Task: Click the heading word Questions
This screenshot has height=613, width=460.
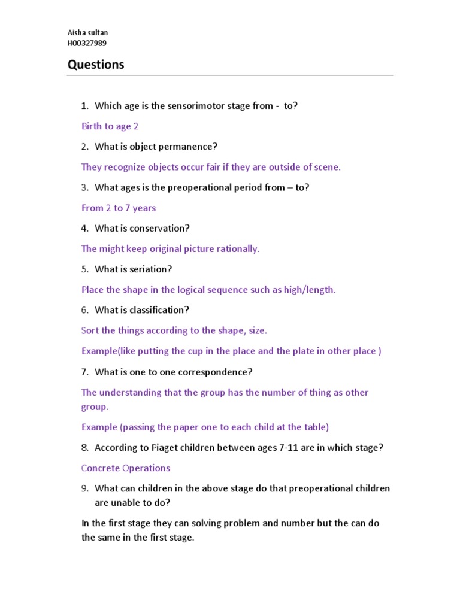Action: click(96, 65)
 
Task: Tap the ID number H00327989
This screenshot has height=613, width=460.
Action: click(87, 43)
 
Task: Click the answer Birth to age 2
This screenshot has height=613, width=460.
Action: click(110, 126)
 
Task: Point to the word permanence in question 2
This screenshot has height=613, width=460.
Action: click(190, 147)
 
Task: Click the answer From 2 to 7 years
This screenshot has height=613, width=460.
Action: click(119, 208)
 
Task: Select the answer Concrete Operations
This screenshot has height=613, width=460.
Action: click(126, 468)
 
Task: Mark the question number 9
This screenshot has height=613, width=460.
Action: click(85, 488)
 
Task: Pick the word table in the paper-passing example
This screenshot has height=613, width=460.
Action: click(313, 427)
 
